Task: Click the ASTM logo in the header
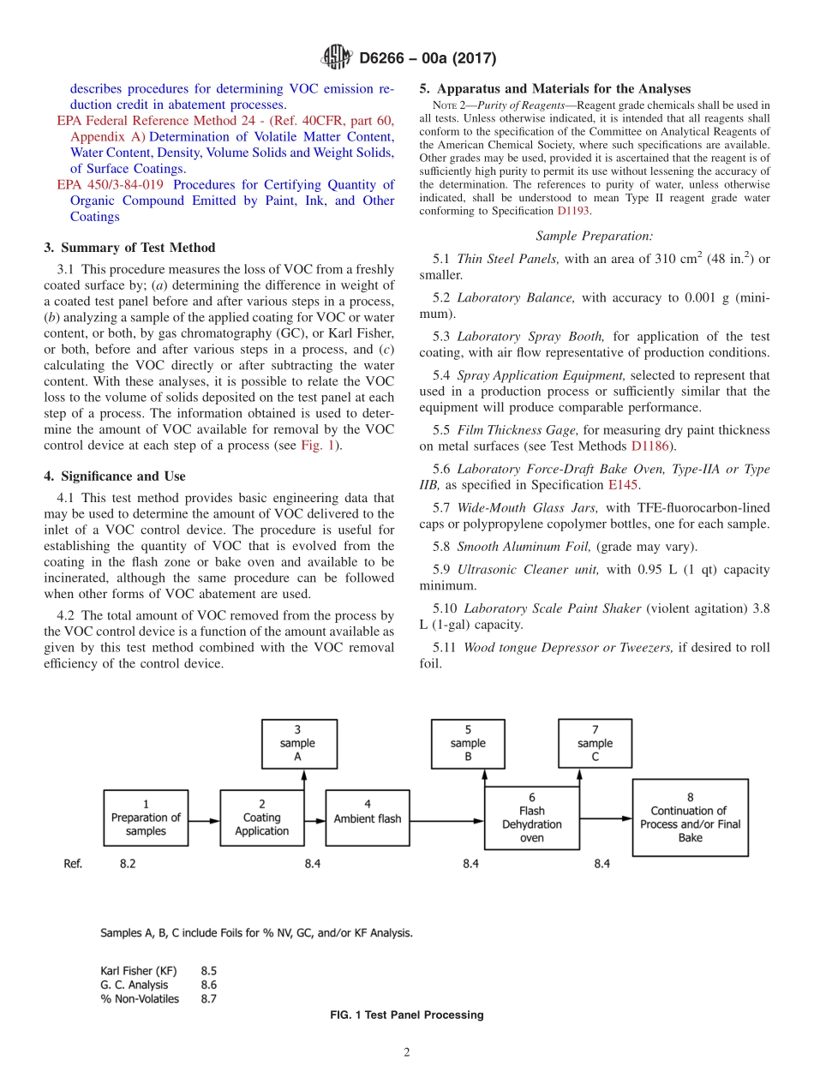coord(336,58)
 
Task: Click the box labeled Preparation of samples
coord(146,817)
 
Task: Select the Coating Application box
coord(262,817)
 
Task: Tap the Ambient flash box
coord(368,818)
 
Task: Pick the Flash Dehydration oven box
coord(531,817)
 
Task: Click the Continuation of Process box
coord(690,823)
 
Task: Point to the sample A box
coord(297,744)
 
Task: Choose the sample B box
coord(468,744)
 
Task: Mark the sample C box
coord(595,744)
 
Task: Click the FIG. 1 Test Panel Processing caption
coord(407,1015)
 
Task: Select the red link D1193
coord(573,211)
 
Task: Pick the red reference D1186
coord(649,446)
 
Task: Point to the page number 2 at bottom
coord(407,1053)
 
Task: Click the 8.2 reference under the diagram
coord(128,865)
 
